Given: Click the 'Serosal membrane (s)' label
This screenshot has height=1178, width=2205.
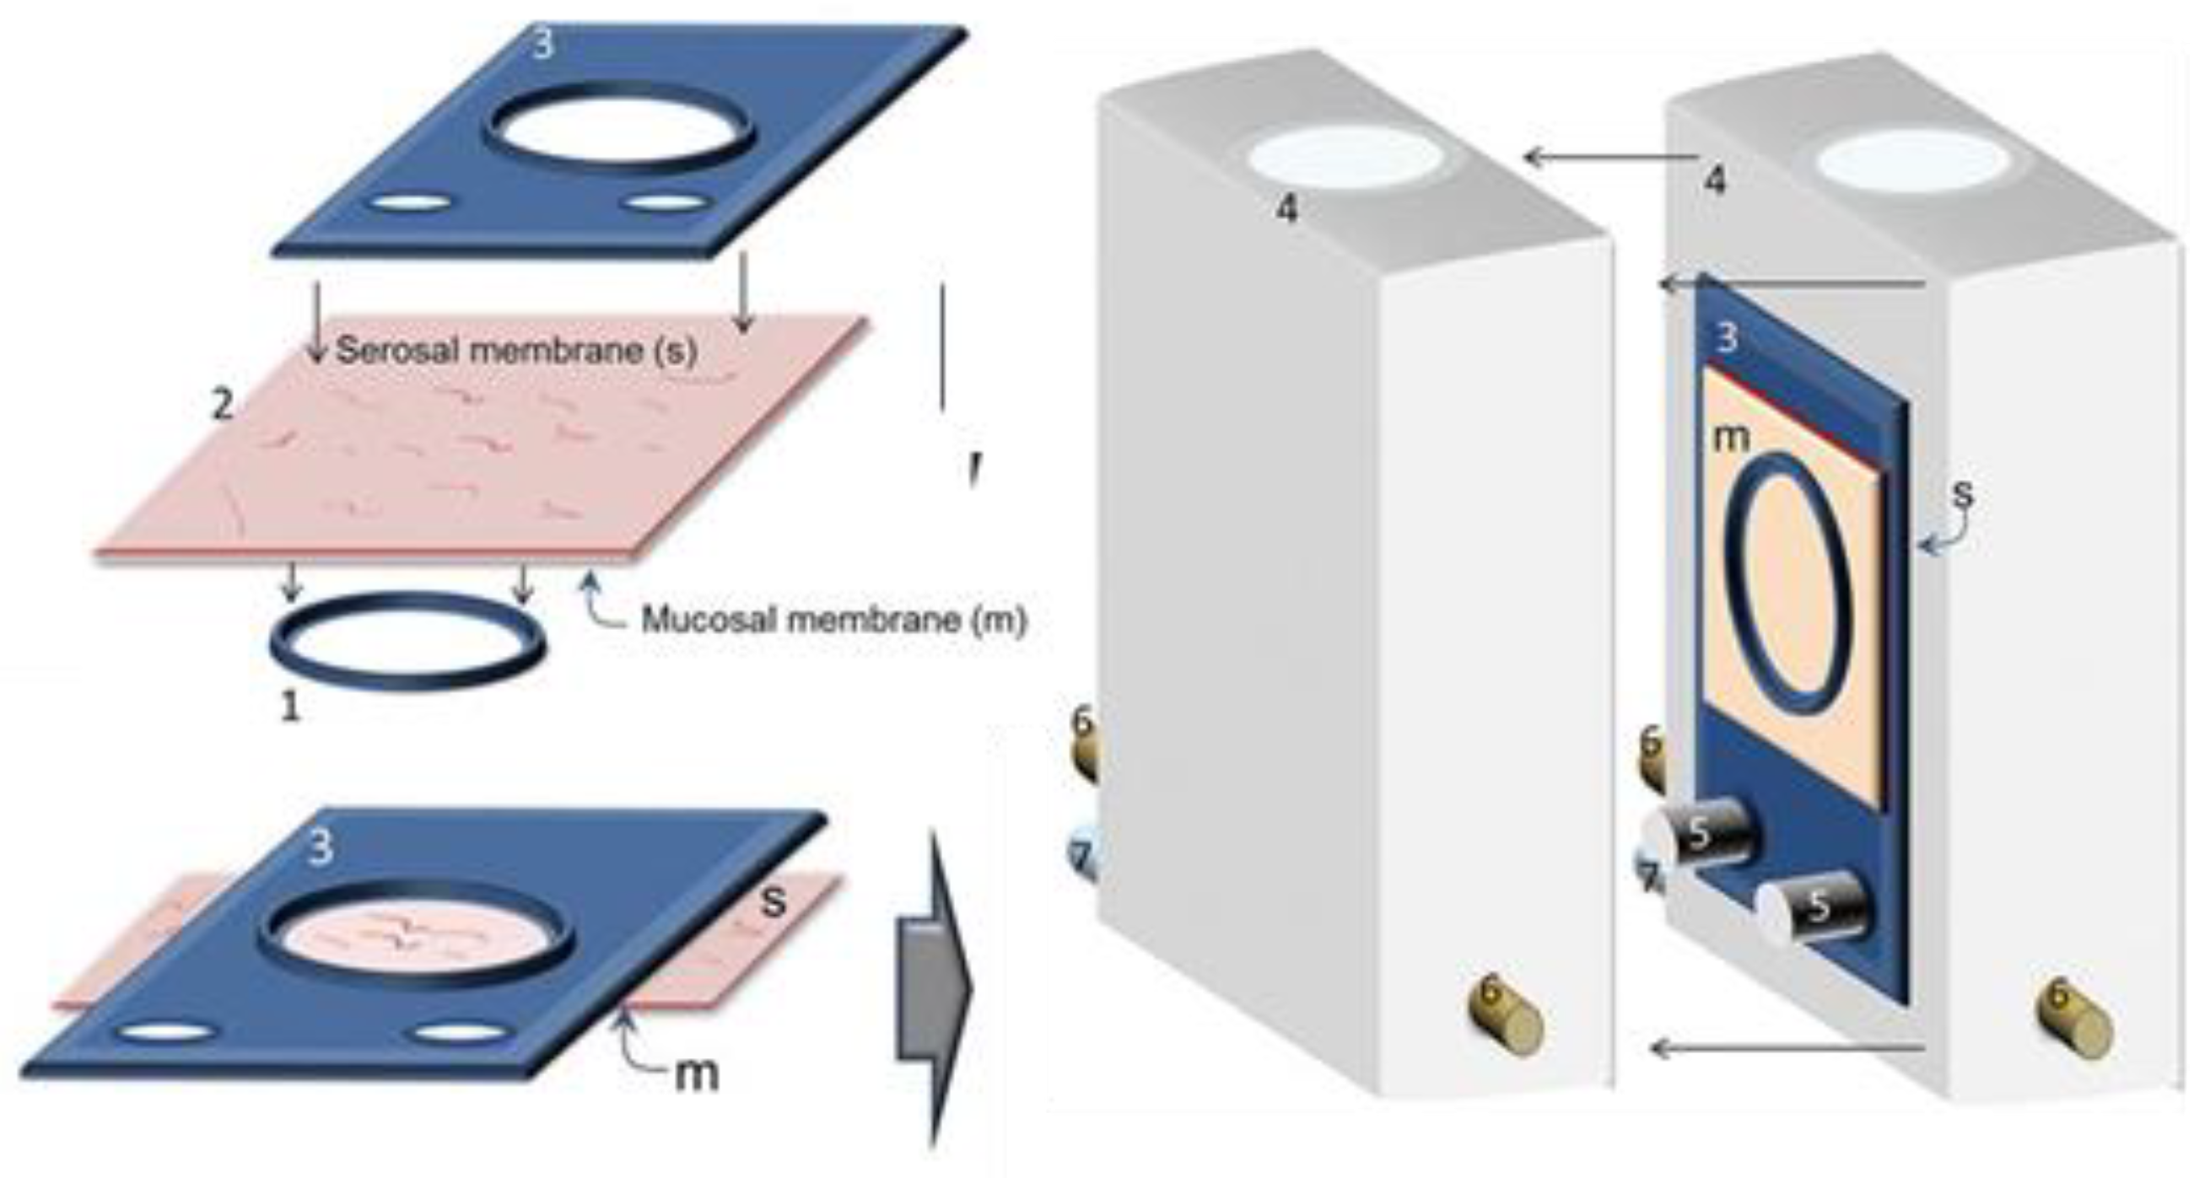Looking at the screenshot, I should pyautogui.click(x=516, y=350).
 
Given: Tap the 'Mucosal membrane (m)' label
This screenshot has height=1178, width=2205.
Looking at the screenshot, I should pyautogui.click(x=833, y=620).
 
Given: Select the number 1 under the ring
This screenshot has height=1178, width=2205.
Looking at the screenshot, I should pyautogui.click(x=291, y=707).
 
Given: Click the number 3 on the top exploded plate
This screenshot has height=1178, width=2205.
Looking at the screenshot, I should pyautogui.click(x=542, y=45).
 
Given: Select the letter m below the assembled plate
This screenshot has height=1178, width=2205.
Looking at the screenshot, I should pyautogui.click(x=696, y=1073).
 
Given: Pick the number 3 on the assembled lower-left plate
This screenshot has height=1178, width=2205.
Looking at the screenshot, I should pyautogui.click(x=320, y=847).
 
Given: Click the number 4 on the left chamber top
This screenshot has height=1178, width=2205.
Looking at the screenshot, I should pyautogui.click(x=1286, y=207).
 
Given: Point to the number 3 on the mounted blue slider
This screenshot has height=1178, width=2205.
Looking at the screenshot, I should pyautogui.click(x=1728, y=338).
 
